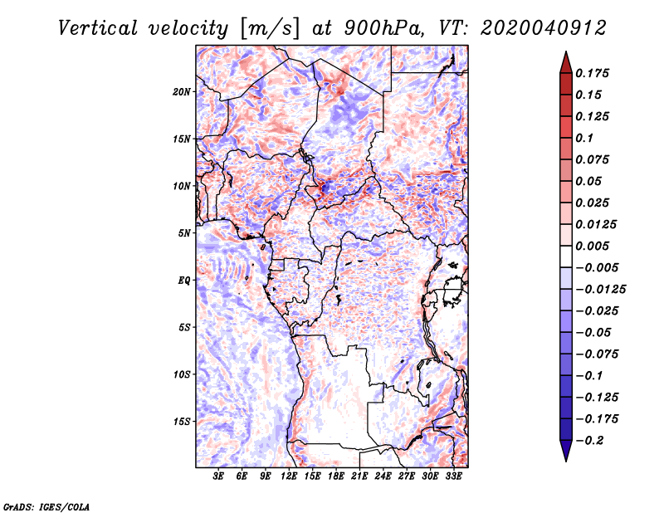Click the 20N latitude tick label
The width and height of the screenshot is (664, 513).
point(182,91)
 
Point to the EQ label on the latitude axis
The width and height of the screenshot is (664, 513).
point(183,280)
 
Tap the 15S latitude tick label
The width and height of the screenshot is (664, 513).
point(182,421)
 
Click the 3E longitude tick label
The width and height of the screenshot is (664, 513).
point(219,476)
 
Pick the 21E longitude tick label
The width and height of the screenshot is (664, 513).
point(359,476)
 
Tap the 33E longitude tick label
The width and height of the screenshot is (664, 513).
point(453,476)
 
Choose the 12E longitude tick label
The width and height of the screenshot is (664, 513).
point(290,476)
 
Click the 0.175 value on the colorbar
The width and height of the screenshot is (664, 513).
point(593,73)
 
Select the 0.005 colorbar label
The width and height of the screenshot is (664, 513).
point(593,246)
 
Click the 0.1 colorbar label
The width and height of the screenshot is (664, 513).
point(587,138)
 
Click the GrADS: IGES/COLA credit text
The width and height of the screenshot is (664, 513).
point(46,506)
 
